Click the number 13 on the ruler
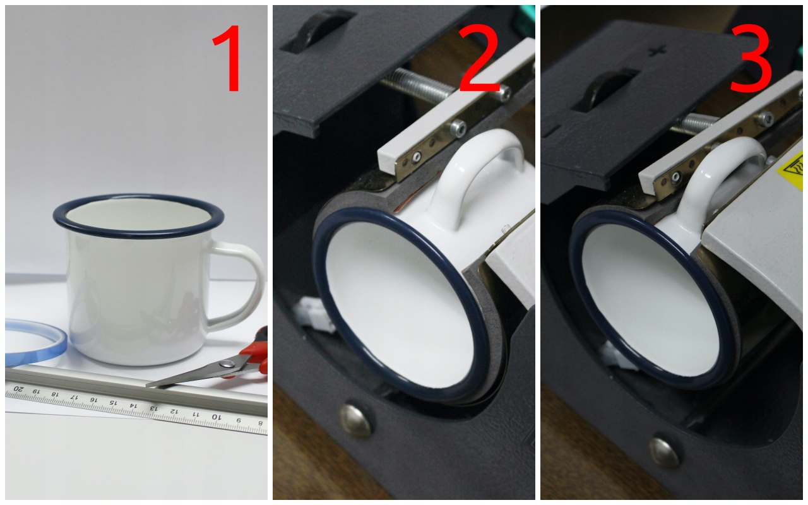(x=153, y=408)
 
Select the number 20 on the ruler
(x=18, y=389)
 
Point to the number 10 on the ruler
(x=216, y=417)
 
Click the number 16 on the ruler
(x=93, y=400)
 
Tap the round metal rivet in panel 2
(x=355, y=420)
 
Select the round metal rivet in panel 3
(x=663, y=453)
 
